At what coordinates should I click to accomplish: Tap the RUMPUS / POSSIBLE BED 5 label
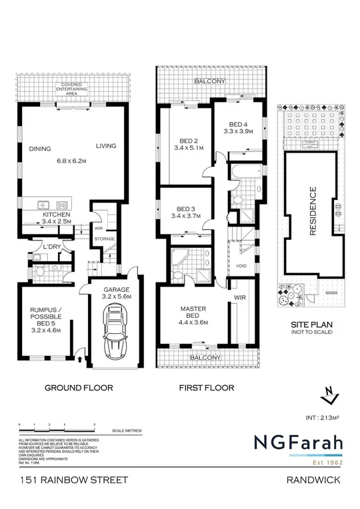click(47, 318)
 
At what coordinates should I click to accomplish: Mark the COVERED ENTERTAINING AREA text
click(72, 88)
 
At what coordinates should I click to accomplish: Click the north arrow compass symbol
click(327, 396)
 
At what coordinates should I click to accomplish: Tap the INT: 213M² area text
click(321, 418)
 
